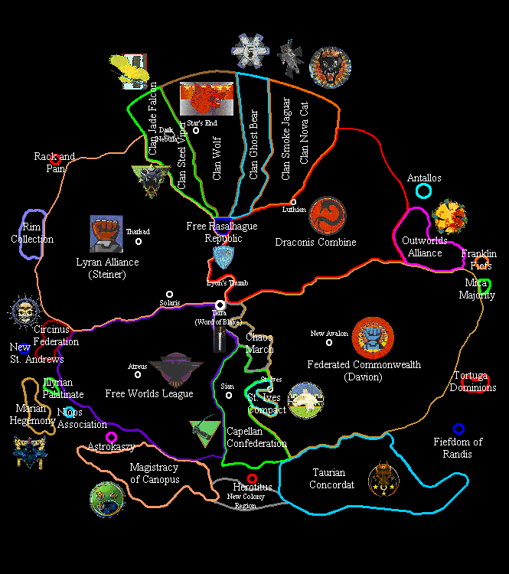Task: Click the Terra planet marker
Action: click(x=220, y=305)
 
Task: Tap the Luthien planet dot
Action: click(x=293, y=202)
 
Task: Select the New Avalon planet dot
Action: click(x=329, y=342)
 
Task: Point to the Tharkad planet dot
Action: click(x=139, y=241)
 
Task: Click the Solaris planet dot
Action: click(x=169, y=294)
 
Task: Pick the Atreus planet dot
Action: click(x=138, y=375)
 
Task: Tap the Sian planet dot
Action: click(x=228, y=395)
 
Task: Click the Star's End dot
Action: click(x=196, y=131)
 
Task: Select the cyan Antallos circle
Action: click(x=423, y=191)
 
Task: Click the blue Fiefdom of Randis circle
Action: click(x=458, y=429)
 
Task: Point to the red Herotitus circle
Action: click(x=252, y=478)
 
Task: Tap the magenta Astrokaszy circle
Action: click(x=111, y=437)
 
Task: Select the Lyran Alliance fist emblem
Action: click(x=106, y=233)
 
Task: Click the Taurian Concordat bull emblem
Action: click(x=382, y=478)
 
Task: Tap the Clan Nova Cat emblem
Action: click(x=330, y=67)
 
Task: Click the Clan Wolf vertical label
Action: click(x=217, y=158)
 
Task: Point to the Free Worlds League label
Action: click(x=149, y=394)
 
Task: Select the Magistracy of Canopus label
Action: click(x=154, y=474)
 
